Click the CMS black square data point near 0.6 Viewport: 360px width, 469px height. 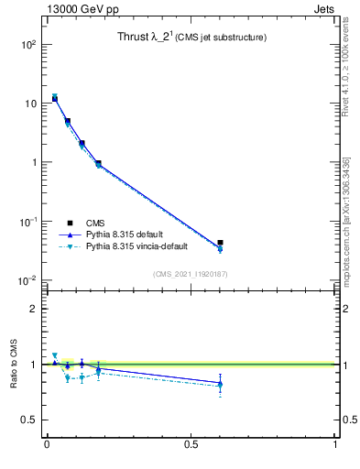(220, 243)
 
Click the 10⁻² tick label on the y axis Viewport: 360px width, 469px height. (27, 281)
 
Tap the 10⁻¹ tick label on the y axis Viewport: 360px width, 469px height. (27, 222)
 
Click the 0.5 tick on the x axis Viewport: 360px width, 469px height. (191, 444)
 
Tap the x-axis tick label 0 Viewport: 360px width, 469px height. (46, 444)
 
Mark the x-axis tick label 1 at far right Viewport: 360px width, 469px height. (335, 444)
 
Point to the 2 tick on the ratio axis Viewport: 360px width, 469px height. (36, 309)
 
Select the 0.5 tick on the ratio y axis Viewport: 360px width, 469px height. (31, 420)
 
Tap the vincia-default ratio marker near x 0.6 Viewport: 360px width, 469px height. (220, 387)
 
